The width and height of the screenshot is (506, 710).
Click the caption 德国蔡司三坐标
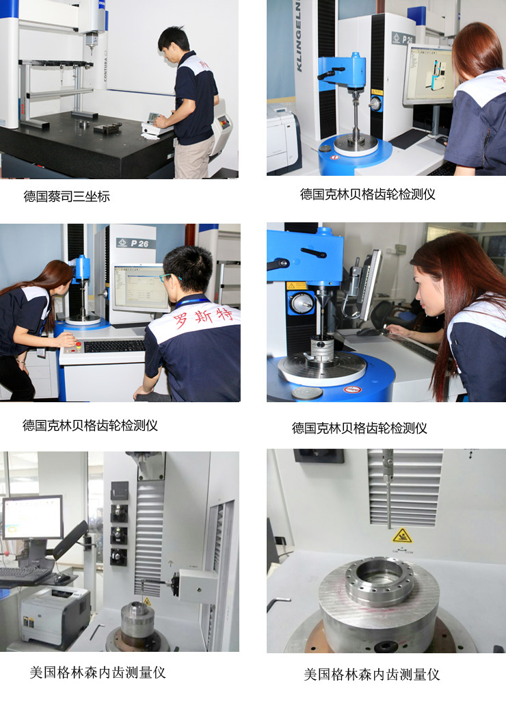coord(66,196)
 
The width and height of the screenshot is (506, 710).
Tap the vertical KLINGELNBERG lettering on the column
coord(299,36)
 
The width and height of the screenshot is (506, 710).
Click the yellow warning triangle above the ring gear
coord(402,536)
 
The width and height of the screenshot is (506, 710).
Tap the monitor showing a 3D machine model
coord(428,75)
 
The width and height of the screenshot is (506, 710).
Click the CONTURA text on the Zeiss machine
coord(105,66)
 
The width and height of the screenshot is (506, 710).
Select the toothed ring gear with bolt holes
coord(379,585)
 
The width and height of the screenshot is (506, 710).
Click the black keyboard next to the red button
coord(115,346)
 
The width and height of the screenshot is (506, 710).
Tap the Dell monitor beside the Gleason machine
coord(33,518)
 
